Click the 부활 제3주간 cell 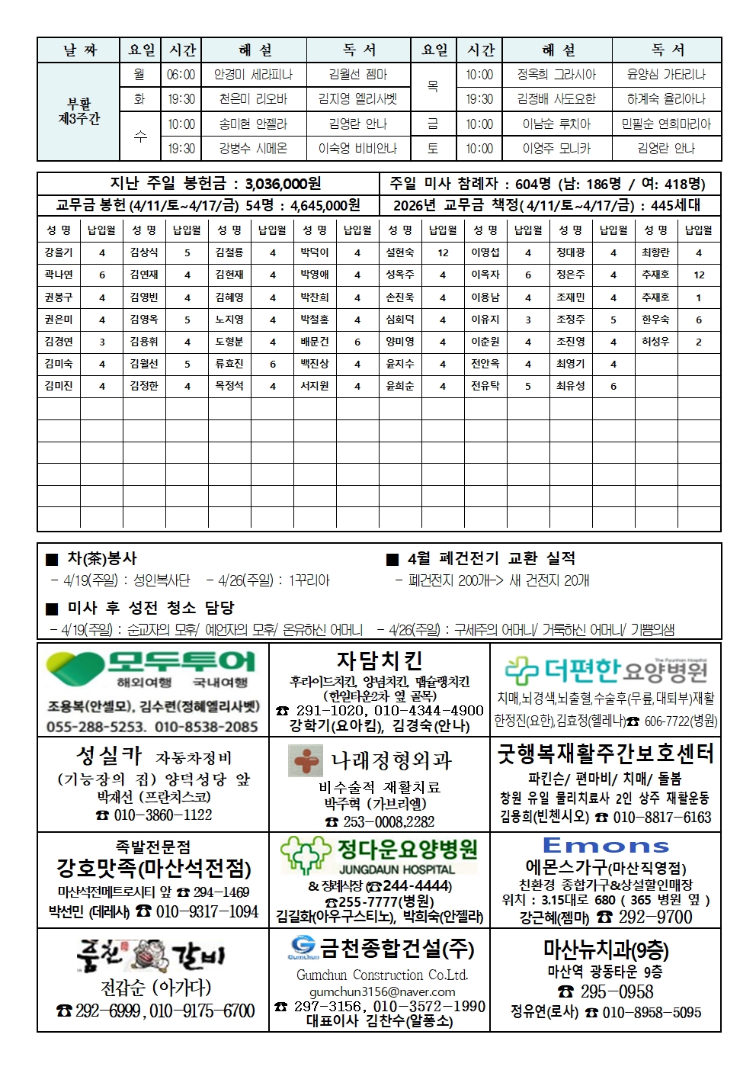[x=78, y=111]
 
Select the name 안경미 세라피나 [x=253, y=75]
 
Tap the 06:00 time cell [x=181, y=75]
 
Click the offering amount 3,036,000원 [x=283, y=184]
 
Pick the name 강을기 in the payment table [x=59, y=252]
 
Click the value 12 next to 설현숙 [x=443, y=252]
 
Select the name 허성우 [x=655, y=342]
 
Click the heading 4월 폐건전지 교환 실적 [x=491, y=558]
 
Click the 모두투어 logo [x=151, y=669]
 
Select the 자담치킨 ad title [x=379, y=660]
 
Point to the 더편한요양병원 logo [x=606, y=671]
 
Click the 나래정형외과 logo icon [x=306, y=760]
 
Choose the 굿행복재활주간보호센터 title [x=605, y=753]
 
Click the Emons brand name [x=606, y=846]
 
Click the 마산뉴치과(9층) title [x=606, y=950]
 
